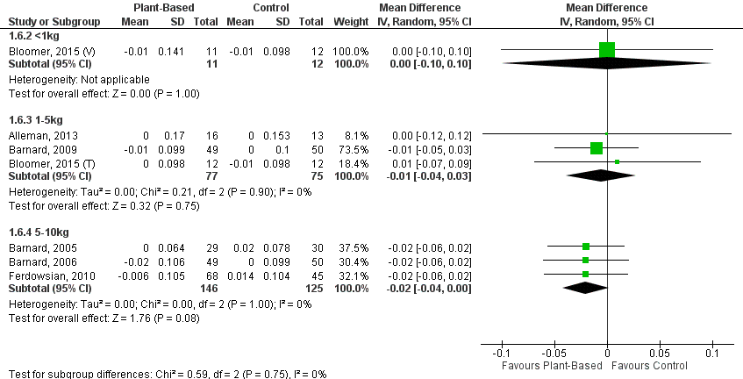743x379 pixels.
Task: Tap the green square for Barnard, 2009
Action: click(x=597, y=147)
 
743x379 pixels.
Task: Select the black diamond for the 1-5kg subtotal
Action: click(x=602, y=175)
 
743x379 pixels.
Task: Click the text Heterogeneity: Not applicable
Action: click(x=67, y=78)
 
